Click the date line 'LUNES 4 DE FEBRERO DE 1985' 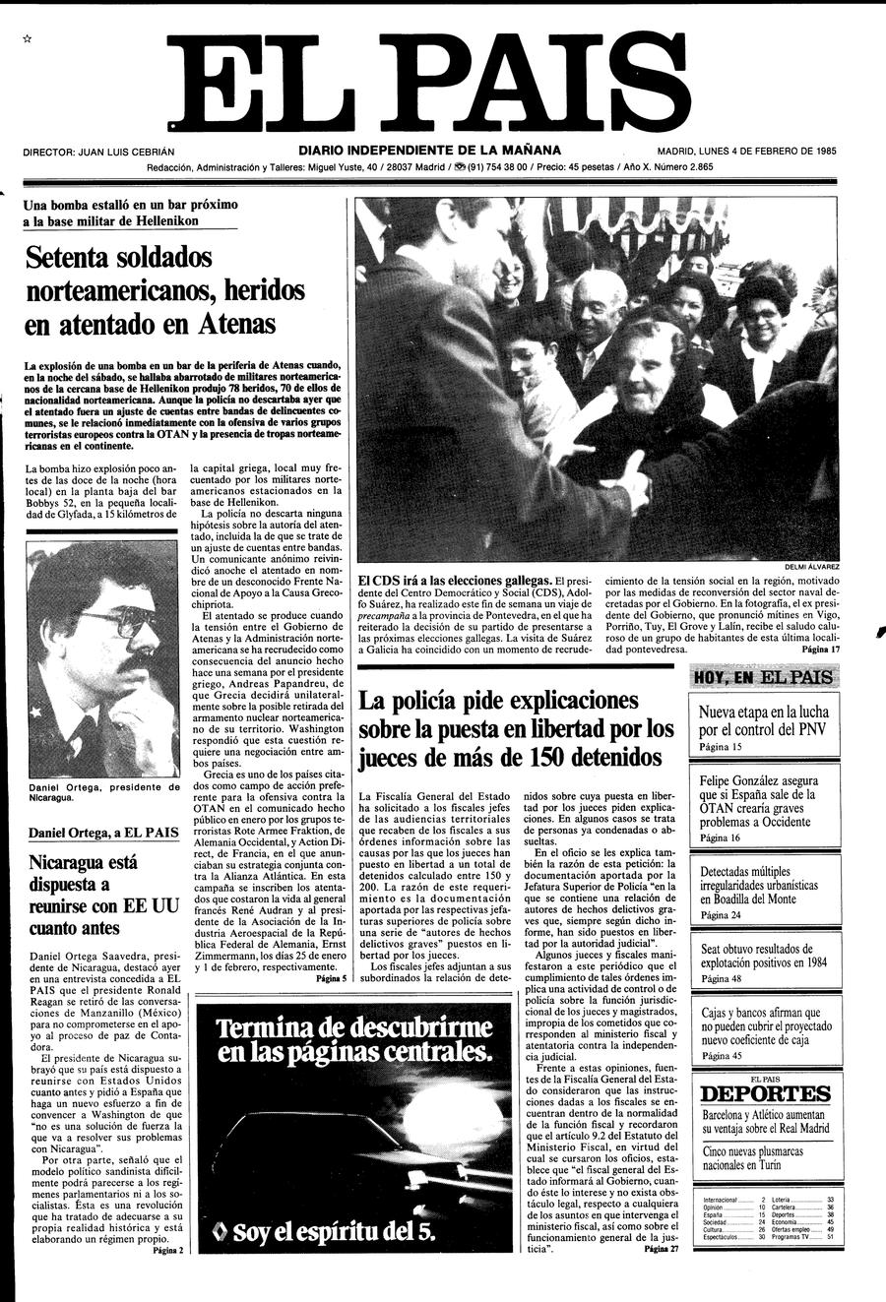[768, 152]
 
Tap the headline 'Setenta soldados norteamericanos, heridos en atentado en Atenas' [165, 290]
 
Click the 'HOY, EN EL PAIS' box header [764, 677]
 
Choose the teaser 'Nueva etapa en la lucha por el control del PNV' [764, 720]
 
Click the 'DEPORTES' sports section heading [766, 1094]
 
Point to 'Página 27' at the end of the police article [661, 1249]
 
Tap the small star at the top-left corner [28, 38]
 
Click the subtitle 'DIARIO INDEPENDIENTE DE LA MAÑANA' [430, 151]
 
